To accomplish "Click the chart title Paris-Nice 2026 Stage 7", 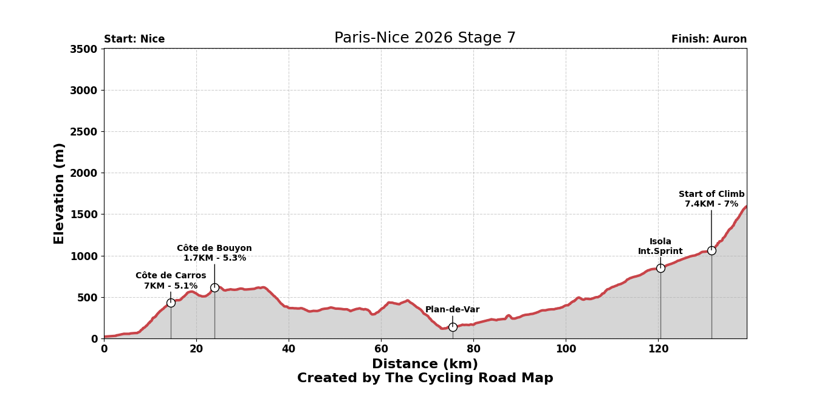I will pos(425,38).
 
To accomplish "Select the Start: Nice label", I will pos(134,39).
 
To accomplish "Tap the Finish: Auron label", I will pos(708,39).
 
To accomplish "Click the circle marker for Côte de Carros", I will pos(171,303).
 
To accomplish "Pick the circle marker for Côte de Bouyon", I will pos(214,287).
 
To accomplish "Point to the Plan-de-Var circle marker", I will pos(453,327).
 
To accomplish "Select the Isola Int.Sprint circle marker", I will pos(660,268).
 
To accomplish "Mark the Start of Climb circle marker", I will pos(712,250).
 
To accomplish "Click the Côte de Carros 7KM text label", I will pos(171,281).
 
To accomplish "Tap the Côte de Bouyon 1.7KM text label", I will pos(214,253).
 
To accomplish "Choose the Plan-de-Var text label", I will pos(453,310).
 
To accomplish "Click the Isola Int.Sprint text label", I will pos(660,247).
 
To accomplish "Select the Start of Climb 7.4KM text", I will pos(712,199).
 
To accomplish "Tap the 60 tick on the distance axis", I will pos(381,349).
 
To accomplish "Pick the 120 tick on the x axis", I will pos(658,349).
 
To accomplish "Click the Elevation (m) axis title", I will pos(60,193).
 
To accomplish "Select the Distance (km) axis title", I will pos(425,364).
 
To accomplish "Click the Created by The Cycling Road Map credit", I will pos(425,379).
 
